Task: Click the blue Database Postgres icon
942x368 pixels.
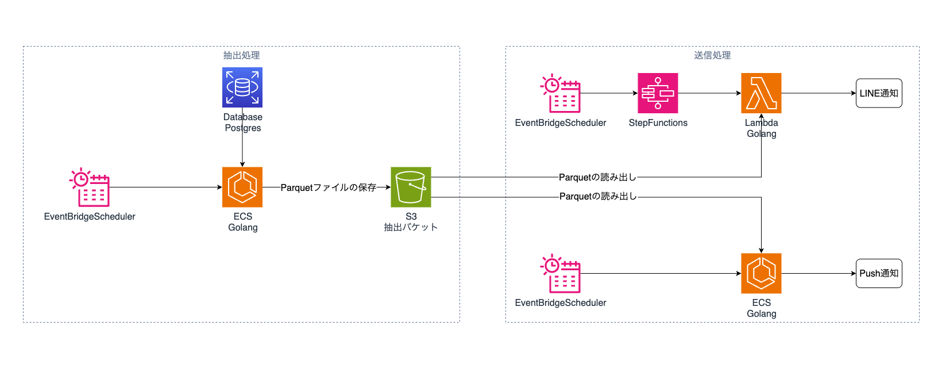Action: pyautogui.click(x=242, y=87)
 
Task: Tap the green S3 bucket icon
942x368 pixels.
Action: pyautogui.click(x=411, y=187)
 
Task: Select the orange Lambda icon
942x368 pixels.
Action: pyautogui.click(x=761, y=93)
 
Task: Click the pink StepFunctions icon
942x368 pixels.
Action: pyautogui.click(x=658, y=93)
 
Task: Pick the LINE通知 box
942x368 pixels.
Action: pyautogui.click(x=879, y=93)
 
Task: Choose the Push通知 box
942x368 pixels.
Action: pyautogui.click(x=879, y=273)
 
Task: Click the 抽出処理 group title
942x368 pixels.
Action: pyautogui.click(x=241, y=55)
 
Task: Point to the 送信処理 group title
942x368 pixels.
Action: pyautogui.click(x=712, y=55)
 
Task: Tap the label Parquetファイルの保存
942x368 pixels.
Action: pyautogui.click(x=329, y=187)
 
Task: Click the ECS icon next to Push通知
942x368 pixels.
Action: pyautogui.click(x=761, y=273)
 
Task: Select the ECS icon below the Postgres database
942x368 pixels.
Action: pyautogui.click(x=242, y=187)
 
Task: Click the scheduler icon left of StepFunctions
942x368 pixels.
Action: pyautogui.click(x=561, y=93)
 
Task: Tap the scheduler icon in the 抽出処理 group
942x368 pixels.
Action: pyautogui.click(x=90, y=187)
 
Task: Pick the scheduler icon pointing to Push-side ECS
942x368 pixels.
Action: pyautogui.click(x=561, y=273)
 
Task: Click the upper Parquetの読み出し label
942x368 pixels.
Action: pyautogui.click(x=597, y=177)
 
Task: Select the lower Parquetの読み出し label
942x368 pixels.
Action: pyautogui.click(x=598, y=196)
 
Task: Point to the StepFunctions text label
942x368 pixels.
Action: pyautogui.click(x=658, y=122)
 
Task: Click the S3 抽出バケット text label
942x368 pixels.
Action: pyautogui.click(x=411, y=222)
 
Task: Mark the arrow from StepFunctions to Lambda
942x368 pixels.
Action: pyautogui.click(x=709, y=93)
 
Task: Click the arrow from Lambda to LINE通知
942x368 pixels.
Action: pyautogui.click(x=819, y=93)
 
